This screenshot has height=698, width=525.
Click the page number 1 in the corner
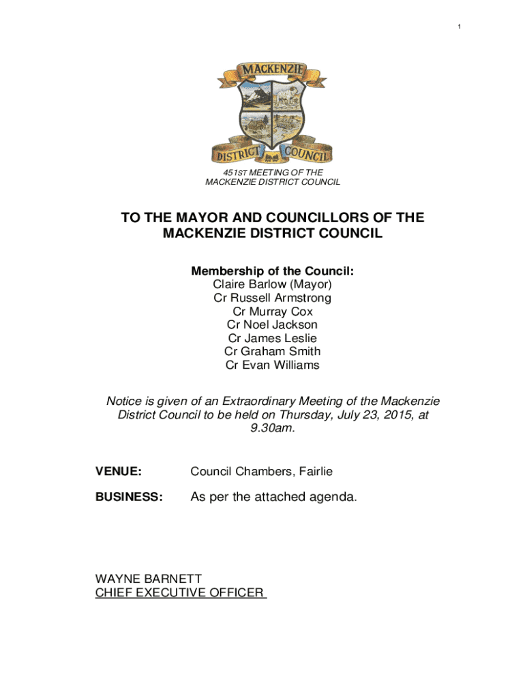[459, 27]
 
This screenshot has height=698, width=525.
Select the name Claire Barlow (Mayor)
[272, 284]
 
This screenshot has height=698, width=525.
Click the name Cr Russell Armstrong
[272, 298]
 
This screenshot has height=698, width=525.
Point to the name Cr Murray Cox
[272, 312]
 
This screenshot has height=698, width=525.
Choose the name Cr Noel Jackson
[272, 325]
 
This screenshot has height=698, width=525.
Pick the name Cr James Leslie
[272, 338]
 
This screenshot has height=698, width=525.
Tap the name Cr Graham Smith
[272, 352]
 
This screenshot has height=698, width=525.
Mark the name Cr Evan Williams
[272, 365]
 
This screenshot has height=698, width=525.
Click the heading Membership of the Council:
[272, 271]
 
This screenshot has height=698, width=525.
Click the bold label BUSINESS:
[129, 498]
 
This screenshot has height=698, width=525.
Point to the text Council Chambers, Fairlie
[261, 471]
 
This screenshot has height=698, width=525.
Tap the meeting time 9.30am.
[272, 428]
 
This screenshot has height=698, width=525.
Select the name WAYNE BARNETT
[148, 579]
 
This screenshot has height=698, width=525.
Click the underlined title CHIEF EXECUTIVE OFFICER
[180, 592]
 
